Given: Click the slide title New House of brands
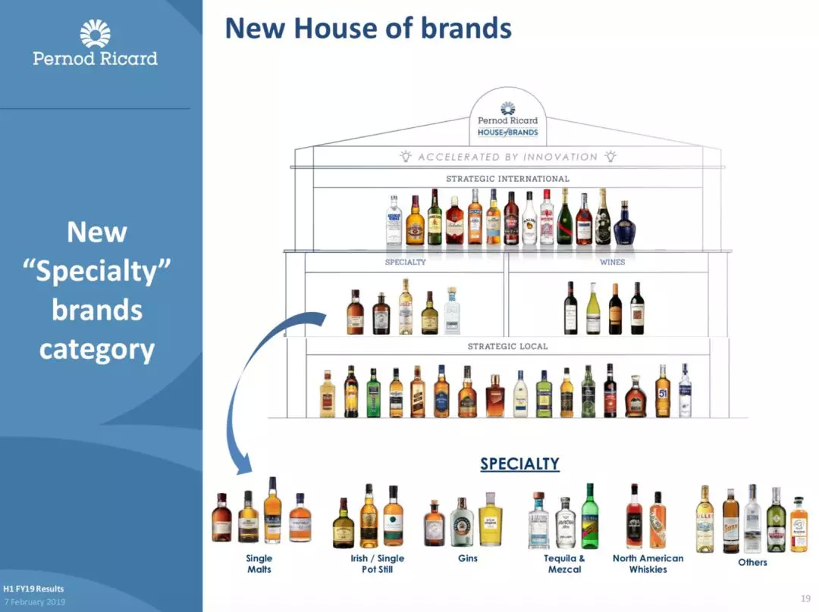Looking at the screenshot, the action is pyautogui.click(x=369, y=29).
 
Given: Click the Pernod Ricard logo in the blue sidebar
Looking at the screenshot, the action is pyautogui.click(x=95, y=43).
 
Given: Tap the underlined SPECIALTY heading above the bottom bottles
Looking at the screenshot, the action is pyautogui.click(x=519, y=464).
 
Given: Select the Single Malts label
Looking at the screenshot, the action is pyautogui.click(x=259, y=564).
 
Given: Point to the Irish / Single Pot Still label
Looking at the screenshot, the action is pyautogui.click(x=377, y=564).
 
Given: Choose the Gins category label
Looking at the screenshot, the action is pyautogui.click(x=468, y=558).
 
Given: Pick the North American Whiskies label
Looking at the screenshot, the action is pyautogui.click(x=648, y=564).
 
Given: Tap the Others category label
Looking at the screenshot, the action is pyautogui.click(x=752, y=562).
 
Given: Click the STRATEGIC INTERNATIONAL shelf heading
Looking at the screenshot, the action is pyautogui.click(x=507, y=179).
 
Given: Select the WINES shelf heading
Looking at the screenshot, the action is pyautogui.click(x=612, y=262).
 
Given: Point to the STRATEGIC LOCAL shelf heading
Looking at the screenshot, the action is pyautogui.click(x=507, y=346).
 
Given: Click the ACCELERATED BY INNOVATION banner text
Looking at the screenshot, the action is pyautogui.click(x=507, y=157).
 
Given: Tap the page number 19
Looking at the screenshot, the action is pyautogui.click(x=805, y=598).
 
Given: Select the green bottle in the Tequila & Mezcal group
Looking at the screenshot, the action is pyautogui.click(x=590, y=517).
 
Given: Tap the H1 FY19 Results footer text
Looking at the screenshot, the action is pyautogui.click(x=33, y=589).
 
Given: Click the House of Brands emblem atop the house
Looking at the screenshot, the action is pyautogui.click(x=507, y=119).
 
